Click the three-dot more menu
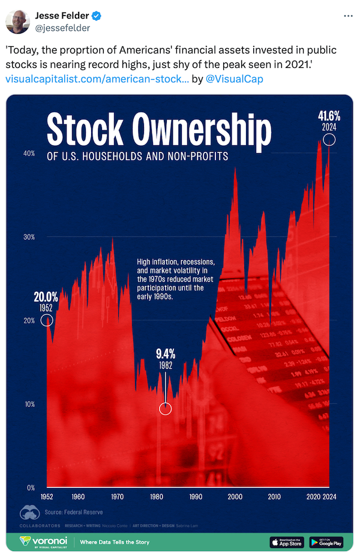(x=348, y=16)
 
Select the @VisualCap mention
(x=235, y=79)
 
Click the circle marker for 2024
(x=329, y=140)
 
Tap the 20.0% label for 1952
(x=46, y=297)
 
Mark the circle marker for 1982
(x=166, y=409)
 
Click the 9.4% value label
(x=166, y=354)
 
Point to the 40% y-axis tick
(x=29, y=154)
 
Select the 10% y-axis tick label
(x=29, y=404)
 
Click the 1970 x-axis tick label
(x=117, y=497)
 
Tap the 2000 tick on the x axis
(x=235, y=497)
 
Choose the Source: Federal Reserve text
(x=74, y=512)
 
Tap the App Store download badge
(x=287, y=542)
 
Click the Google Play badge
(x=326, y=542)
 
